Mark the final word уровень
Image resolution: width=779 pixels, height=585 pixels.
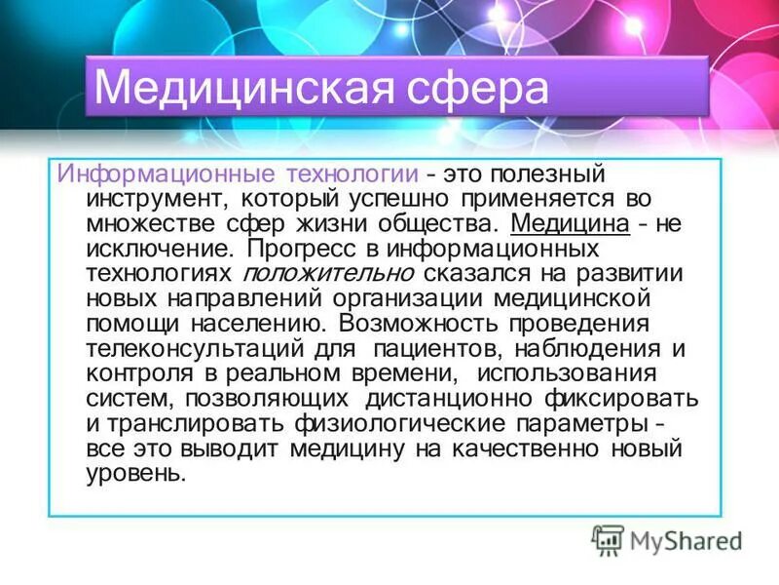coord(133,474)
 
